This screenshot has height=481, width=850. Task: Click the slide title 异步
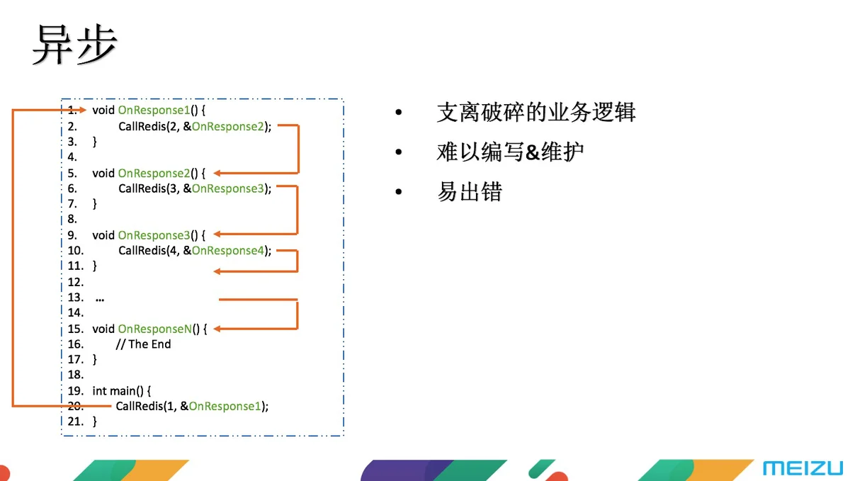[x=75, y=45]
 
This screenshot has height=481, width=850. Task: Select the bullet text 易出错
[x=470, y=191]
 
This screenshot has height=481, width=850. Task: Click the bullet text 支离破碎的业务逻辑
[x=535, y=113]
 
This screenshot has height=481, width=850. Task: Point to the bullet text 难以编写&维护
[x=510, y=152]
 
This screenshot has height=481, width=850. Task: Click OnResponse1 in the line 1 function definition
[x=154, y=110]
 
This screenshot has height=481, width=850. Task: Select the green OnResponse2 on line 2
[x=227, y=126]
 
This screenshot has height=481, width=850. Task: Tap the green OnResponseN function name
[x=155, y=329]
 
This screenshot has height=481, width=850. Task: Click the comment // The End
[x=143, y=344]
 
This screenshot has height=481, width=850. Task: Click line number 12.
[x=76, y=282]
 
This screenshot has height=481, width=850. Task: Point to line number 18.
[x=76, y=375]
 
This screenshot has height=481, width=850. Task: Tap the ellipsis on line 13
[x=100, y=300]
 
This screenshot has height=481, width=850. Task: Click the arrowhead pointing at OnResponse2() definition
[x=217, y=173]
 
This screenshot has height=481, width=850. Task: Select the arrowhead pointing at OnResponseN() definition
[x=217, y=329]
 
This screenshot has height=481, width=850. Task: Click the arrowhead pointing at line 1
[x=83, y=110]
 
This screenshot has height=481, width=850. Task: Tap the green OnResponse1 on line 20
[x=225, y=406]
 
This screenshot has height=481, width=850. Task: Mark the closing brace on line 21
[x=94, y=421]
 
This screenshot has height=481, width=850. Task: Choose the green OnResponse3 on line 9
[x=154, y=235]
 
